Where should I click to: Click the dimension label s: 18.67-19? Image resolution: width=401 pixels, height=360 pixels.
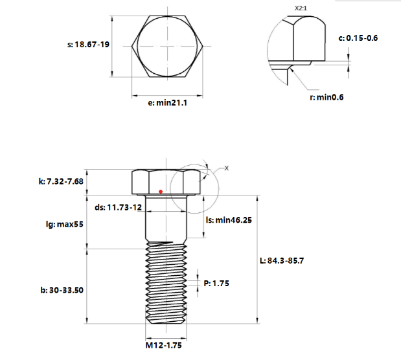[88, 45]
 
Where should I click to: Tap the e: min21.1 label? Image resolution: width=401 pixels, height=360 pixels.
[168, 103]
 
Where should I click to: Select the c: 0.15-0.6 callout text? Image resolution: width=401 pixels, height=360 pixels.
[358, 38]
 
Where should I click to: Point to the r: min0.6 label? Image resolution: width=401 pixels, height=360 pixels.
[327, 97]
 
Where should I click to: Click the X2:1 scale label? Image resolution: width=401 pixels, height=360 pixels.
[301, 8]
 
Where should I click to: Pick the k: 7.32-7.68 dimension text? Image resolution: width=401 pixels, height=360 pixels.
[61, 181]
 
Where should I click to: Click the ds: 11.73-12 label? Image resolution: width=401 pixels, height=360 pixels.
[118, 207]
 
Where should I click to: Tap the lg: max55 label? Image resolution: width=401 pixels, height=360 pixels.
[65, 224]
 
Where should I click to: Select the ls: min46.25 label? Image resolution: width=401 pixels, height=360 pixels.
[229, 220]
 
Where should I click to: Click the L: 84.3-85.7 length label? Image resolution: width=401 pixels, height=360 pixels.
[282, 261]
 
